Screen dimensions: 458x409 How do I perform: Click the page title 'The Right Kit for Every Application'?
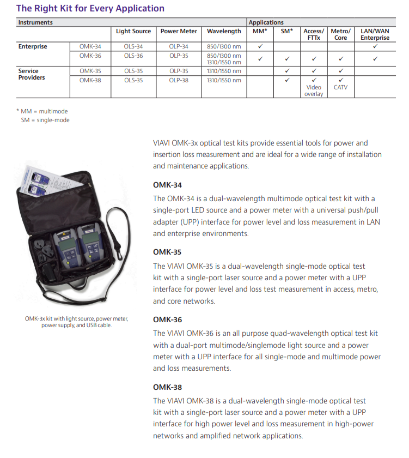[90, 8]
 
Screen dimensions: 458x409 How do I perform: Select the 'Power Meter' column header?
[179, 32]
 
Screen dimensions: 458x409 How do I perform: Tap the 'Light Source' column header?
[133, 32]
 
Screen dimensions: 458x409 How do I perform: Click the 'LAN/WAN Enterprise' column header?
[375, 34]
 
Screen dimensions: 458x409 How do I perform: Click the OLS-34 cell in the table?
[133, 47]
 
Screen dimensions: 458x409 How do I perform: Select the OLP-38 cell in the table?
[179, 80]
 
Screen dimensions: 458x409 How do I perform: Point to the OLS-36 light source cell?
[133, 56]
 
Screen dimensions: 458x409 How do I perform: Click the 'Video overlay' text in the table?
[314, 91]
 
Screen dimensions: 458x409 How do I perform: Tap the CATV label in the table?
[340, 87]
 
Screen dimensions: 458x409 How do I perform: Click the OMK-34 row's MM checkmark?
[260, 47]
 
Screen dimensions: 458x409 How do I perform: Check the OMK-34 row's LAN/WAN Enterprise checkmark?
[375, 47]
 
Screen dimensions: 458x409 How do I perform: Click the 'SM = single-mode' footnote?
[45, 120]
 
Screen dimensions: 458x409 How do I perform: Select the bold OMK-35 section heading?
[167, 252]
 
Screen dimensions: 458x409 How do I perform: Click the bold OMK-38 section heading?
[167, 388]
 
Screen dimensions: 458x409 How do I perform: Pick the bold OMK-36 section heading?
[167, 320]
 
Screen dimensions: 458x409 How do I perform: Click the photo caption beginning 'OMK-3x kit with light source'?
[77, 322]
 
